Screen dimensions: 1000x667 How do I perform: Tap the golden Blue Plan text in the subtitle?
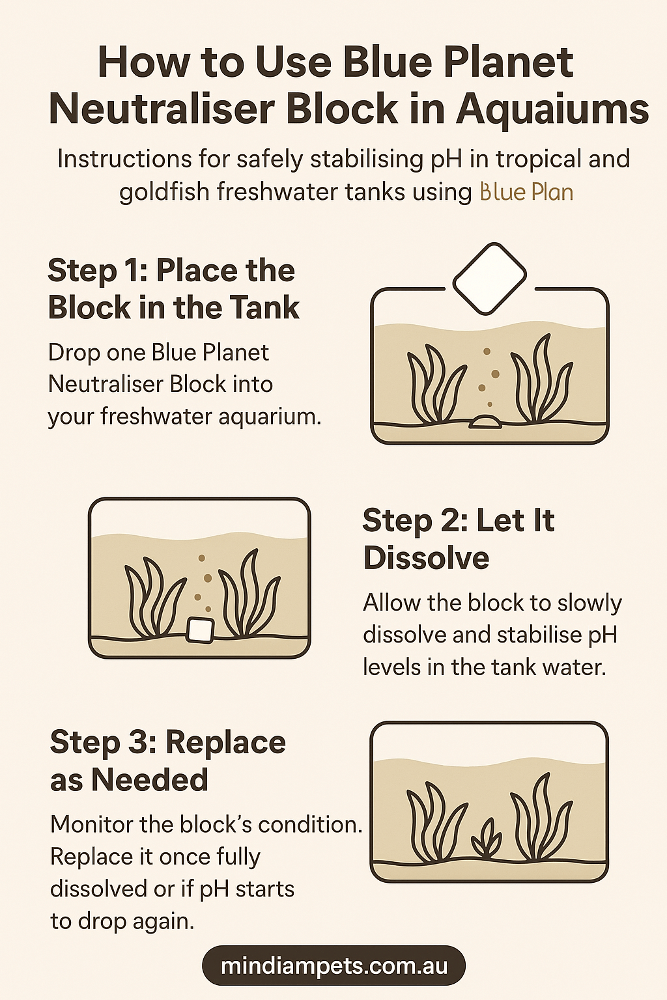pos(526,193)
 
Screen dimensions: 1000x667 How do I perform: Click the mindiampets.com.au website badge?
pos(333,965)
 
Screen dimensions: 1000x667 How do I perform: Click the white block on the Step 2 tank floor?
pos(200,630)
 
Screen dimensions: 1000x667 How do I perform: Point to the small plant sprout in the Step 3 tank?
pos(487,839)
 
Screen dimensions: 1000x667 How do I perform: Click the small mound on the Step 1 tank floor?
pos(486,422)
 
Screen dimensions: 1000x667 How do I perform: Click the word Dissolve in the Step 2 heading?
pos(426,558)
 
